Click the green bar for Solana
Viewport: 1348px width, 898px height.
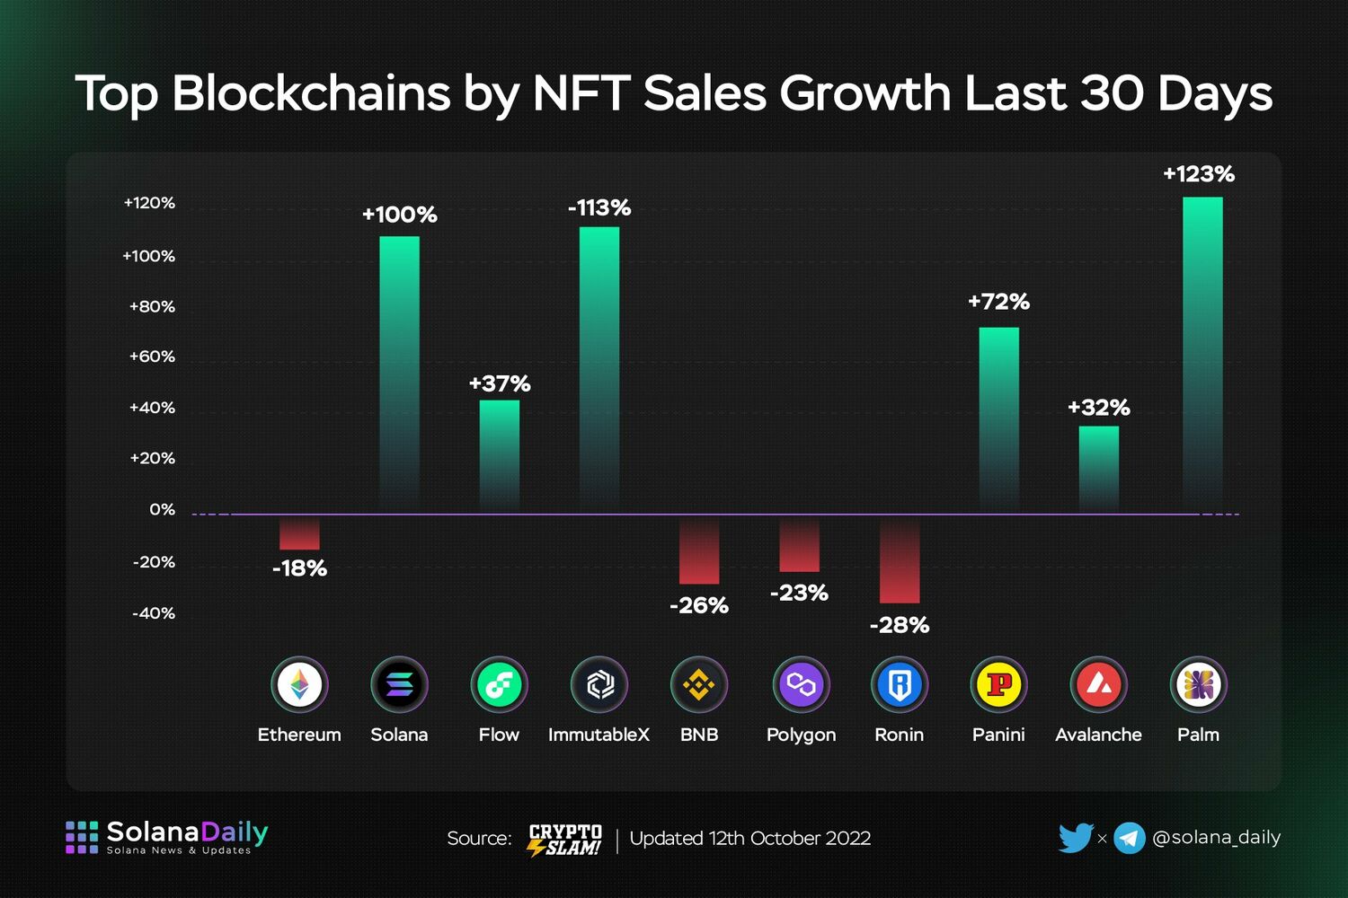click(x=399, y=374)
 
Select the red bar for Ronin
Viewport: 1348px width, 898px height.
click(x=899, y=559)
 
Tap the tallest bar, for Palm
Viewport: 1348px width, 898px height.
click(x=1202, y=355)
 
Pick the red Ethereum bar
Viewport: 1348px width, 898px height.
click(x=299, y=533)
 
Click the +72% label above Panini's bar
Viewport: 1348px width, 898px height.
click(x=998, y=302)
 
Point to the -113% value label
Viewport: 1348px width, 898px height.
click(x=599, y=208)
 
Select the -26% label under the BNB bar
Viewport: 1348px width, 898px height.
click(x=699, y=606)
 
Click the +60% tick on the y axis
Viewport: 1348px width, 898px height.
click(x=152, y=357)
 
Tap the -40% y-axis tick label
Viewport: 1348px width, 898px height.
click(x=154, y=613)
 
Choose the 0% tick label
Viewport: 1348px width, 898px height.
click(x=162, y=509)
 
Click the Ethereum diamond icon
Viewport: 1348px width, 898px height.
click(x=299, y=685)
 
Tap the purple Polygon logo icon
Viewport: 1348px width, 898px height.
click(x=800, y=685)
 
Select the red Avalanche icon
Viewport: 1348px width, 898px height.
click(x=1098, y=685)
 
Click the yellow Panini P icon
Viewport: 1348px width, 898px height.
click(x=998, y=685)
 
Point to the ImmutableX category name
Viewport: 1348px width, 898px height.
click(x=599, y=735)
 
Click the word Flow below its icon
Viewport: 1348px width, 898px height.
click(x=499, y=735)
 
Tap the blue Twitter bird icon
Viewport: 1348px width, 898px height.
click(x=1075, y=838)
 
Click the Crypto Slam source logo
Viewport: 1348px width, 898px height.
click(x=565, y=840)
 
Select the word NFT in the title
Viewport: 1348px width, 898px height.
click(x=581, y=93)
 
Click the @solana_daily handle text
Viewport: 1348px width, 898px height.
click(x=1216, y=838)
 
